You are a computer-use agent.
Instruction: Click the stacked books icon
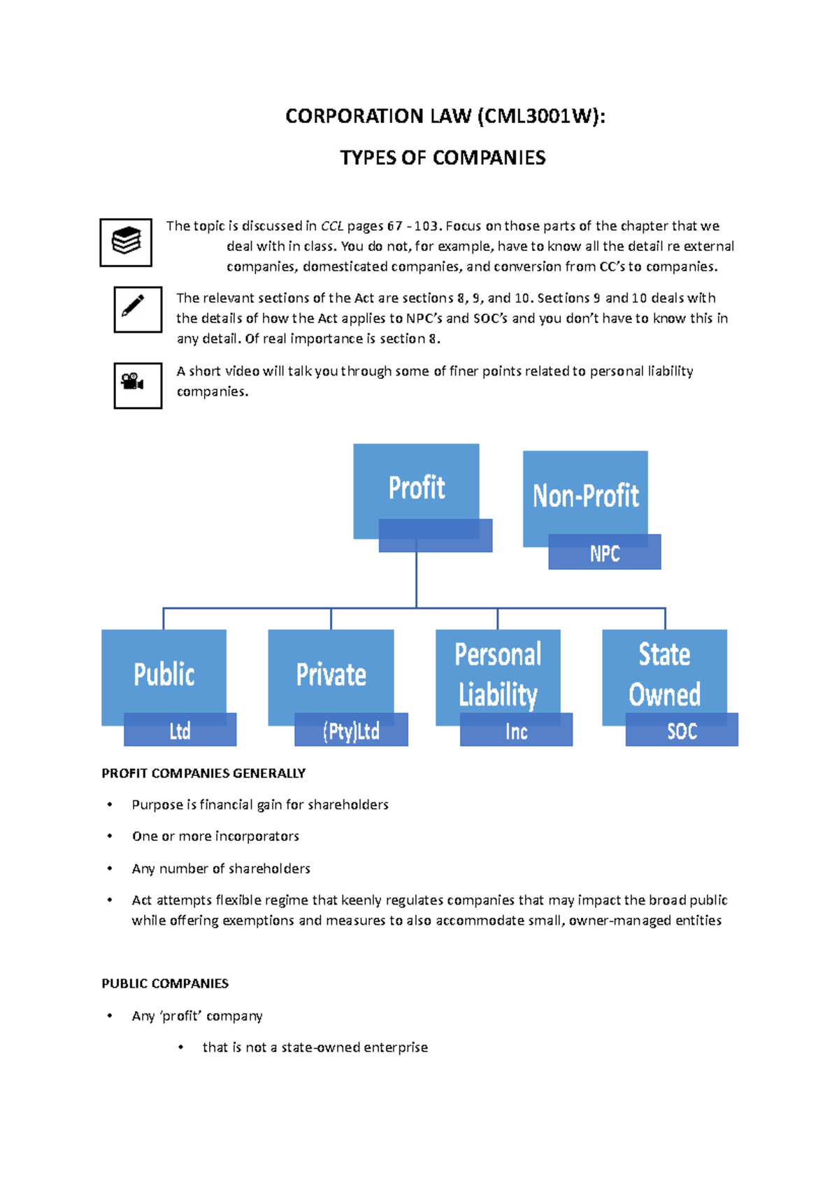coord(126,242)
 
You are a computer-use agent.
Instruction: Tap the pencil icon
coord(138,309)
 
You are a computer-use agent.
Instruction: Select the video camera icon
coord(138,385)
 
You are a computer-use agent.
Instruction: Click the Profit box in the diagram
coord(416,487)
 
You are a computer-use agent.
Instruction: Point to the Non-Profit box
coord(585,495)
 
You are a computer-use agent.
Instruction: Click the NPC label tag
coord(604,554)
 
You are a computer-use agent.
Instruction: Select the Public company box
coord(164,674)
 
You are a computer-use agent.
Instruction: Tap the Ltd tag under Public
coord(180,731)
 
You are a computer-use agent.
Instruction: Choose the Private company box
coord(331,674)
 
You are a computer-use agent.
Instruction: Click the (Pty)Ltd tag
coord(351,731)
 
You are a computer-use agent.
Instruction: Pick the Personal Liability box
coord(498,674)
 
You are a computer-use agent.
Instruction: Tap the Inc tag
coord(516,731)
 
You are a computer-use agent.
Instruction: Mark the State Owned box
coord(664,674)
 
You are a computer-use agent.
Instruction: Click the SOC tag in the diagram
coord(682,731)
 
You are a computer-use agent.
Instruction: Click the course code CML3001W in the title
coord(538,116)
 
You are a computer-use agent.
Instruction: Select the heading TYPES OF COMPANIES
coord(443,158)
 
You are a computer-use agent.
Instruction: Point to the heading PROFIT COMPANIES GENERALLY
coord(203,773)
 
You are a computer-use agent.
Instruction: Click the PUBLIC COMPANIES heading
coord(165,984)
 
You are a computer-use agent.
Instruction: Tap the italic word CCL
coord(332,226)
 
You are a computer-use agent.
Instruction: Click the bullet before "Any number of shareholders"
coord(110,868)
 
